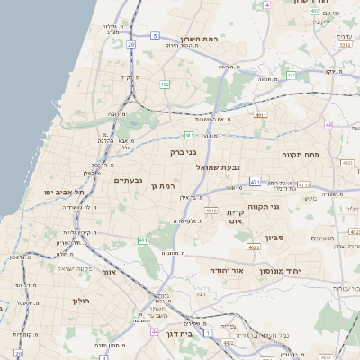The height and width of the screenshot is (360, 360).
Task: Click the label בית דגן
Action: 181,332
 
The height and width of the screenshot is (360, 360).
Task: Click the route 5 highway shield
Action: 155,36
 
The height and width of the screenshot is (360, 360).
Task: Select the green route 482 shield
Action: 165,85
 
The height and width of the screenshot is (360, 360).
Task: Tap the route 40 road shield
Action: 329,124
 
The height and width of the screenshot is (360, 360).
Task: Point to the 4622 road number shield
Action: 254,246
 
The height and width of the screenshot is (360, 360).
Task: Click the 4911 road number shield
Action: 260,115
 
